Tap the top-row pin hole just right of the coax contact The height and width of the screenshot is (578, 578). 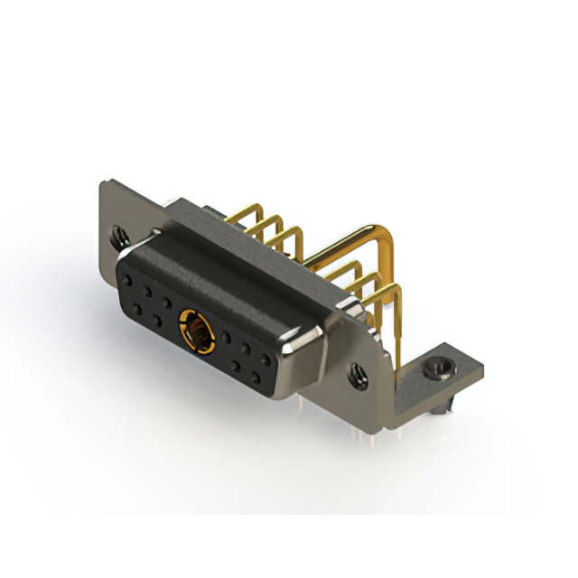tap(226, 338)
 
